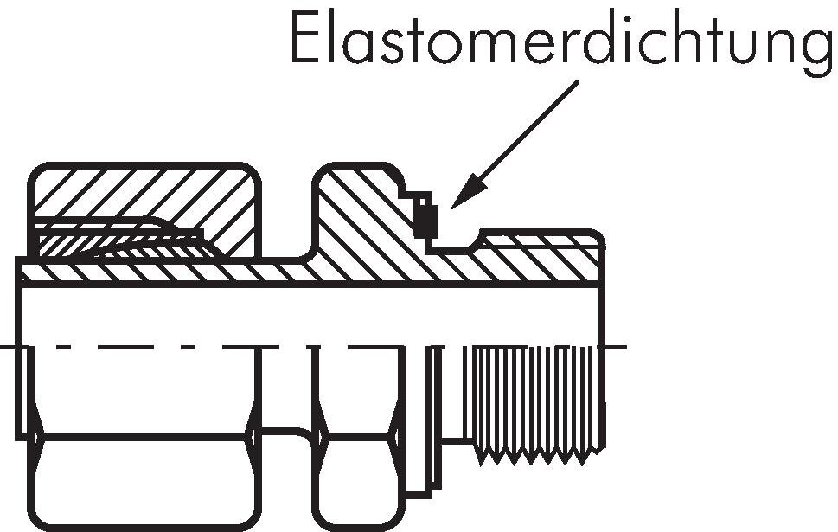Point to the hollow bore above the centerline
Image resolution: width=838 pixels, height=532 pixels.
click(x=259, y=316)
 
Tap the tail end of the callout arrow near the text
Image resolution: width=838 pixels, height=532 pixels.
click(x=575, y=86)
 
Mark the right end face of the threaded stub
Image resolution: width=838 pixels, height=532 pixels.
click(x=602, y=260)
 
